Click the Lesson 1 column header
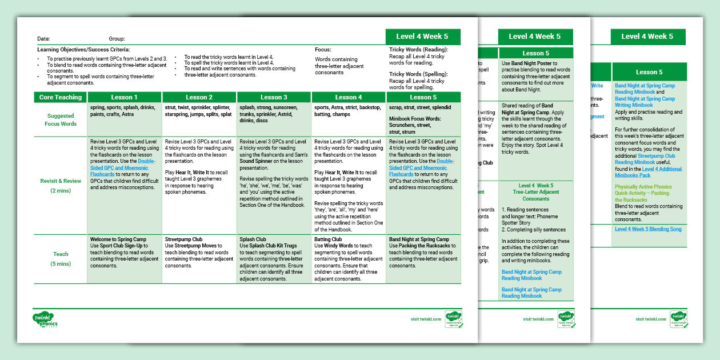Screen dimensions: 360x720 (x=125, y=97)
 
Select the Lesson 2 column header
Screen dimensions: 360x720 (x=199, y=97)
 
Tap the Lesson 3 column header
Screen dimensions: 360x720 (x=274, y=97)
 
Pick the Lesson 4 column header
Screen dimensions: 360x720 (x=348, y=97)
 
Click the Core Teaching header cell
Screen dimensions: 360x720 (x=61, y=97)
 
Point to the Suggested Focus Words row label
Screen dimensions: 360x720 (x=61, y=119)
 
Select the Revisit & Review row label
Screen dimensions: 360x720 (x=61, y=186)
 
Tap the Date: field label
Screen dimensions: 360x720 (x=43, y=39)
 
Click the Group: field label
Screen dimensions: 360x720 (x=117, y=39)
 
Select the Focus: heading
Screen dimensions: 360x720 (x=323, y=50)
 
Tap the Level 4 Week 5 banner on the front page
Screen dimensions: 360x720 (x=422, y=37)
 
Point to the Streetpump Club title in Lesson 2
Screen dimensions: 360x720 (x=183, y=239)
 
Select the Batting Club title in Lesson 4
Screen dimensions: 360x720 (x=329, y=239)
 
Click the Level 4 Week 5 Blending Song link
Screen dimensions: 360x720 (x=647, y=229)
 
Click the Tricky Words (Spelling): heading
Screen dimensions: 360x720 (x=418, y=74)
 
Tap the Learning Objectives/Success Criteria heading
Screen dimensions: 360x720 (x=83, y=50)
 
